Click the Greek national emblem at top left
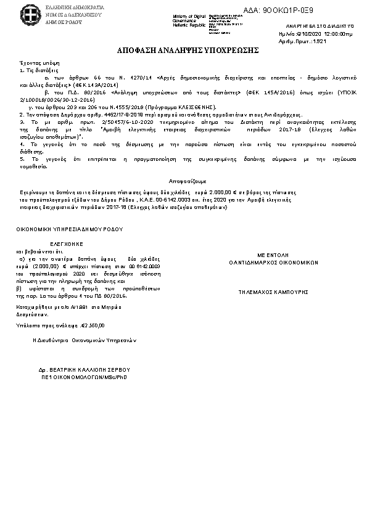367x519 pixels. coord(30,12)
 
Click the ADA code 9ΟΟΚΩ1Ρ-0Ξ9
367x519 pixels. coord(279,10)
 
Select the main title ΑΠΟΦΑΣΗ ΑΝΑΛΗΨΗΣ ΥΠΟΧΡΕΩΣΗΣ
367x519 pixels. coord(184,49)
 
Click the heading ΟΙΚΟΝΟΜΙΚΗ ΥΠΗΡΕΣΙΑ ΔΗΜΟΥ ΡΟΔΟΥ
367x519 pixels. coord(70,229)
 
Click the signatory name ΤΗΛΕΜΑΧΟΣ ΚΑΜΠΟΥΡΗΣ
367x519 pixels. coord(273,292)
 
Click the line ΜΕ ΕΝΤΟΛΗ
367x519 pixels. coord(273,255)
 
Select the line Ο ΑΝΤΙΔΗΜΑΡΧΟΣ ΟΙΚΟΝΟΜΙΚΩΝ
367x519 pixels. coord(273,262)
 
